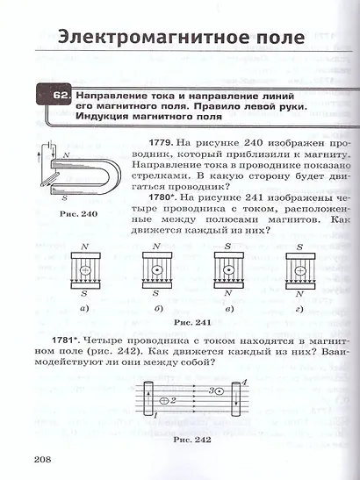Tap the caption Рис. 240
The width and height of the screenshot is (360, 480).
click(x=76, y=213)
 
